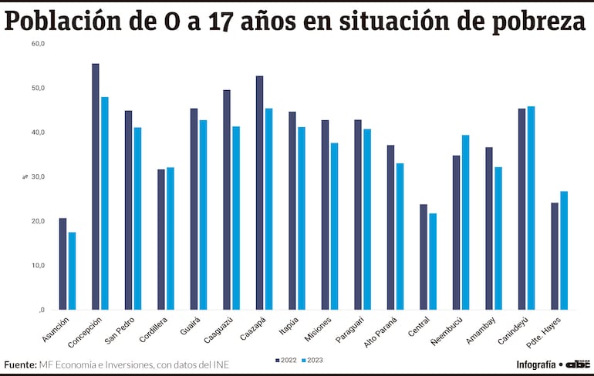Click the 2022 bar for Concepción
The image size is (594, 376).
[x=96, y=186]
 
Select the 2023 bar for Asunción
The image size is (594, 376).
[x=72, y=270]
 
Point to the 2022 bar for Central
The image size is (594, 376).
[x=424, y=257]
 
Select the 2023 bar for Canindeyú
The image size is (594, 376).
[x=531, y=208]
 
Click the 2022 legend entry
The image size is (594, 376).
[x=285, y=360]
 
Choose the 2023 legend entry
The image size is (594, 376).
[x=312, y=360]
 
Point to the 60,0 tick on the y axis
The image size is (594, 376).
[x=39, y=44]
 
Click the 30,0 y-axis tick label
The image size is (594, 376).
[x=39, y=176]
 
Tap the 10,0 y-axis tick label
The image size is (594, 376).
[x=39, y=265]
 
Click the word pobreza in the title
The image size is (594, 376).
[x=541, y=21]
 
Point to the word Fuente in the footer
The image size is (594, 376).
[x=19, y=364]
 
